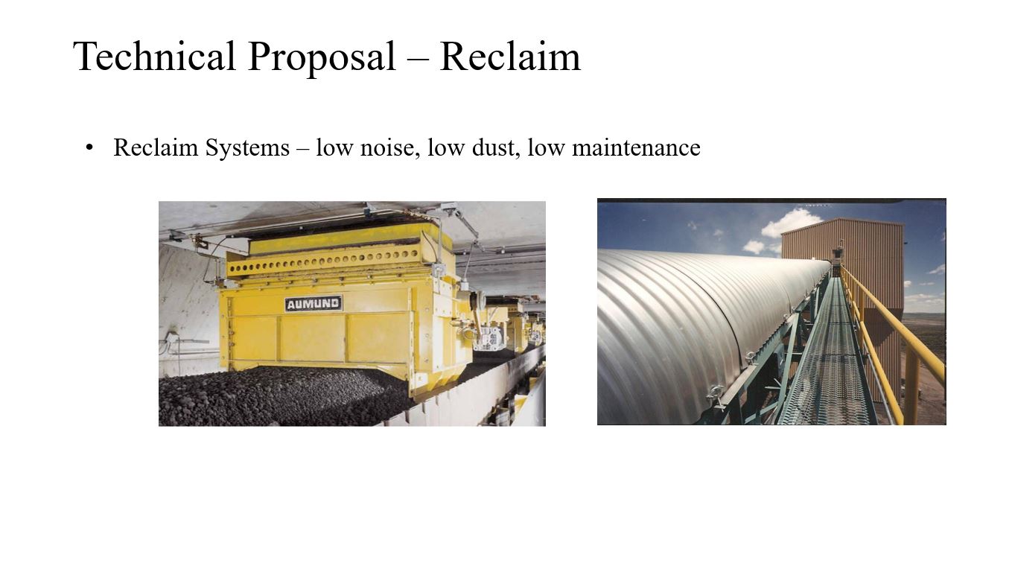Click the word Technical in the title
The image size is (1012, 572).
tap(154, 57)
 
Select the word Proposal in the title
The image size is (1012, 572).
tap(322, 58)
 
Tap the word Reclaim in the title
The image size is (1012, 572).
tap(509, 57)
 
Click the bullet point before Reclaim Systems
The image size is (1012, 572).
tap(89, 147)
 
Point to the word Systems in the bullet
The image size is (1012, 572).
tap(247, 147)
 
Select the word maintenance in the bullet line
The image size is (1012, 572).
tap(636, 147)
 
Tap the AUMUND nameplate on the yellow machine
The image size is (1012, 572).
tap(314, 303)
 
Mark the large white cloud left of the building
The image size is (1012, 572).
tap(791, 222)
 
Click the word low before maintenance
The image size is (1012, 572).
tap(546, 147)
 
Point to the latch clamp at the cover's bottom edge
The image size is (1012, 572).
tap(715, 396)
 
